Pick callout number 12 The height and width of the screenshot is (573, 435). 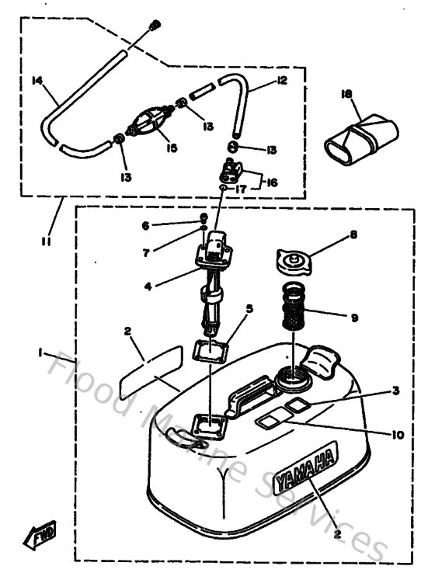(281, 81)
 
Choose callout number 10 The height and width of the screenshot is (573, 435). (398, 436)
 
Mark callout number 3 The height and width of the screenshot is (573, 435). (396, 391)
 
